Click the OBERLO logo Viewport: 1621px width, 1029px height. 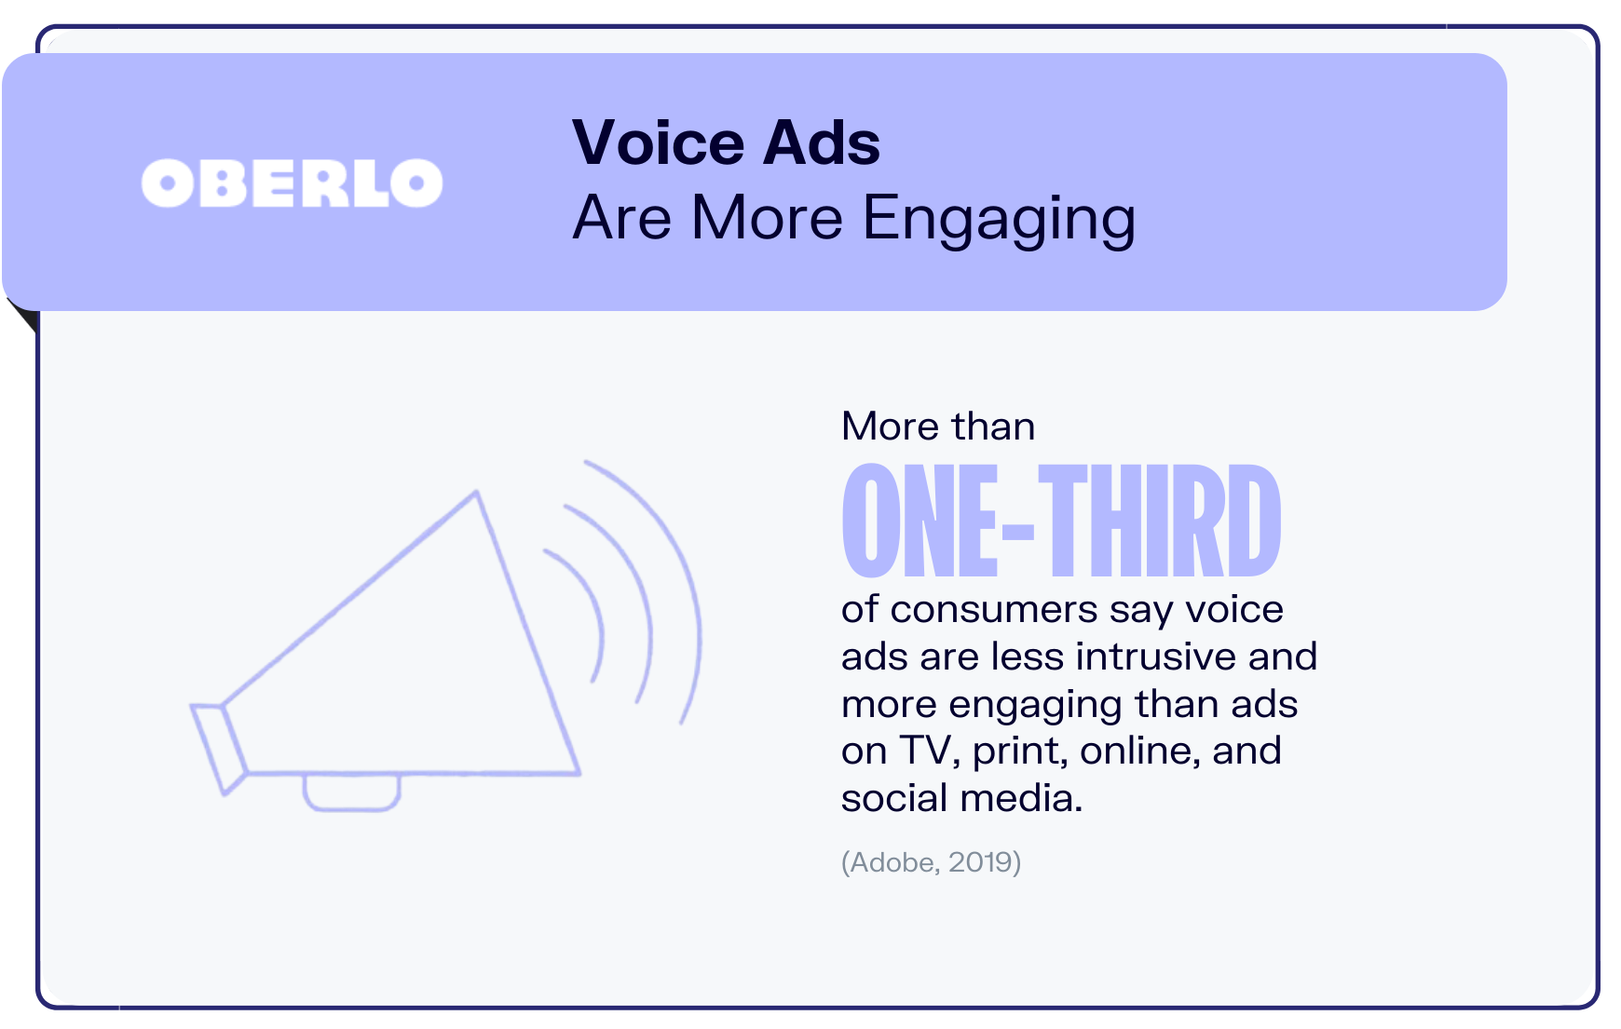[292, 183]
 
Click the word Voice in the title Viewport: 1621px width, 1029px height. [658, 143]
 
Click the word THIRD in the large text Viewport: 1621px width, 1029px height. [1160, 521]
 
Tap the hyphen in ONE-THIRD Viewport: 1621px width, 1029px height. [1017, 532]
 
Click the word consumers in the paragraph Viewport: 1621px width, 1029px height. [993, 610]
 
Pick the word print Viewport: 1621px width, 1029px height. [1019, 751]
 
